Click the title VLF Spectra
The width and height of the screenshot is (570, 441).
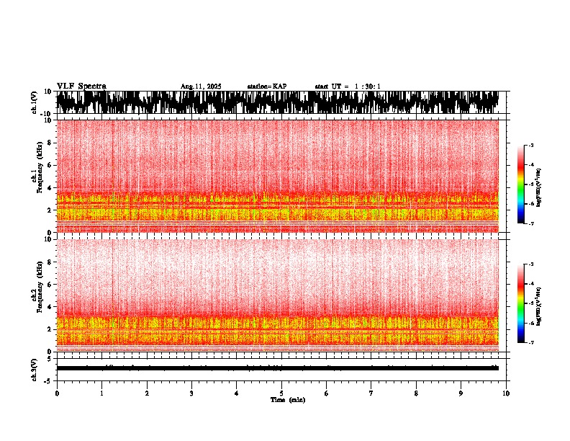pyautogui.click(x=81, y=86)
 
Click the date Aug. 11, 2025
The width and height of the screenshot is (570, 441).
pyautogui.click(x=201, y=86)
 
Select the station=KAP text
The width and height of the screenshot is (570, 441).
pyautogui.click(x=267, y=86)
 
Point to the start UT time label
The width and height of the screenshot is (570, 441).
pyautogui.click(x=348, y=86)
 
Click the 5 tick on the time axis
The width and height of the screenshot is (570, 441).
pyautogui.click(x=281, y=393)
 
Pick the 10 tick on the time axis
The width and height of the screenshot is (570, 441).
pyautogui.click(x=506, y=393)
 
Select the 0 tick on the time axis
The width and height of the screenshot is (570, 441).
pyautogui.click(x=57, y=393)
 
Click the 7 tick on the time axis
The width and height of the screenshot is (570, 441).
pyautogui.click(x=371, y=393)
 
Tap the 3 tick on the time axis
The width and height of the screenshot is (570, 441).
pyautogui.click(x=191, y=393)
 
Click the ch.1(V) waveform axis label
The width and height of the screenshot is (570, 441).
pyautogui.click(x=34, y=102)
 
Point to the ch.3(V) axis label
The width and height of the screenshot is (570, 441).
pyautogui.click(x=34, y=368)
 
